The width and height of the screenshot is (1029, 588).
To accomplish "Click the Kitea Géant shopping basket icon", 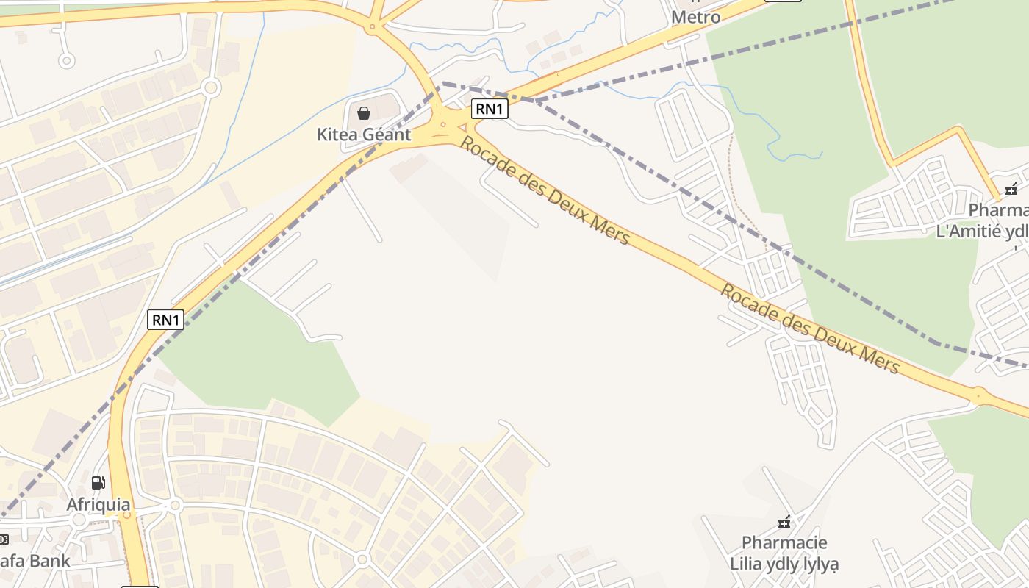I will click(363, 112).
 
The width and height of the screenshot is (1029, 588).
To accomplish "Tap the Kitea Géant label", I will click(363, 135).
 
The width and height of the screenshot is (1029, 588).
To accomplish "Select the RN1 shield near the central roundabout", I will click(490, 110).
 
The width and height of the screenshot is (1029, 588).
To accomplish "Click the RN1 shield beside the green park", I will click(165, 320).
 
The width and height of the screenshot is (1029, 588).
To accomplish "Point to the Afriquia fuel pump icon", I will click(98, 483).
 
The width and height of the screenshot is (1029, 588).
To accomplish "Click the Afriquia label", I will click(98, 505).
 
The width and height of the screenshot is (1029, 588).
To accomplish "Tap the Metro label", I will click(696, 16).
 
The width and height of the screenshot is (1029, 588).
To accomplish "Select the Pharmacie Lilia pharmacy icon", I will click(784, 523).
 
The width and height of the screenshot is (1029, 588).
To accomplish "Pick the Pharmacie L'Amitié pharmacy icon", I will click(1011, 190).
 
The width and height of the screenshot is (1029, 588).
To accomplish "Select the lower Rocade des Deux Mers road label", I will click(809, 328).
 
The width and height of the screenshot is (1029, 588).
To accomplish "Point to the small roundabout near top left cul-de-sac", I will click(211, 88).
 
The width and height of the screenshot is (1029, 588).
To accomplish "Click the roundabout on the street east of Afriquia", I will click(174, 506).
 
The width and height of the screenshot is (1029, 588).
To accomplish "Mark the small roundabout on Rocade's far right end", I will click(978, 395).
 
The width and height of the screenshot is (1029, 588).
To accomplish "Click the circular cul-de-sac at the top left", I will click(66, 60).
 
